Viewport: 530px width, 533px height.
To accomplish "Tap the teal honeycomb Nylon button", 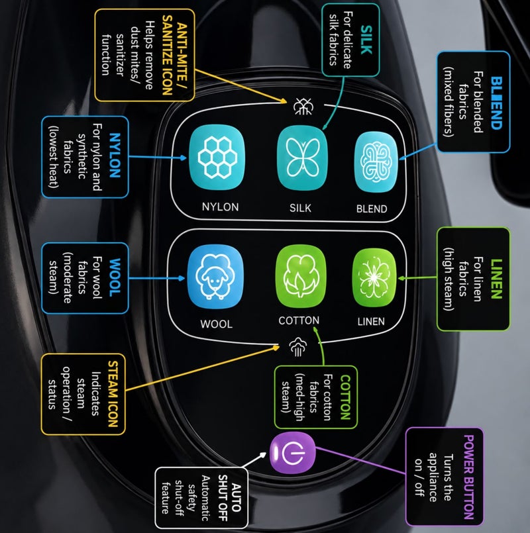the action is point(217,158).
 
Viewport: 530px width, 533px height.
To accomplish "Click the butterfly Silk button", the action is point(302,158).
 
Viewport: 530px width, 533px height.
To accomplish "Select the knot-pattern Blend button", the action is point(376,162).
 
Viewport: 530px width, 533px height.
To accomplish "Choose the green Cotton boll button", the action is point(300,277).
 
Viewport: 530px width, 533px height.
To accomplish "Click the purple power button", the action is point(293,452).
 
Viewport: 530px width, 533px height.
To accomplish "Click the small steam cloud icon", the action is point(298,347).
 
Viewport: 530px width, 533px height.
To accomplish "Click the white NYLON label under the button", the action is point(220,207).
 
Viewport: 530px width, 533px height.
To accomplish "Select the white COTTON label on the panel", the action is point(299,320).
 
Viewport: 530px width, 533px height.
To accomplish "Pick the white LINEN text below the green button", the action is point(371,321).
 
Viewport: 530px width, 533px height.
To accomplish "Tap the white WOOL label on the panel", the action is point(217,324).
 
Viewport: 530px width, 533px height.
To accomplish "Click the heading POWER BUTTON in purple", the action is point(469,477).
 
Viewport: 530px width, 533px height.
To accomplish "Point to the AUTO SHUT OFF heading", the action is point(229,498).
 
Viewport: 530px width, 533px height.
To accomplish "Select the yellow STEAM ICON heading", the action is point(113,394).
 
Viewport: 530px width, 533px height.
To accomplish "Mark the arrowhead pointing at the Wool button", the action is point(182,278).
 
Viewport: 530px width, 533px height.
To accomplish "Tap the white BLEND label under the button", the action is point(372,209).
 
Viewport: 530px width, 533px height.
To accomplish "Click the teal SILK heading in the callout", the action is point(366,40).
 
